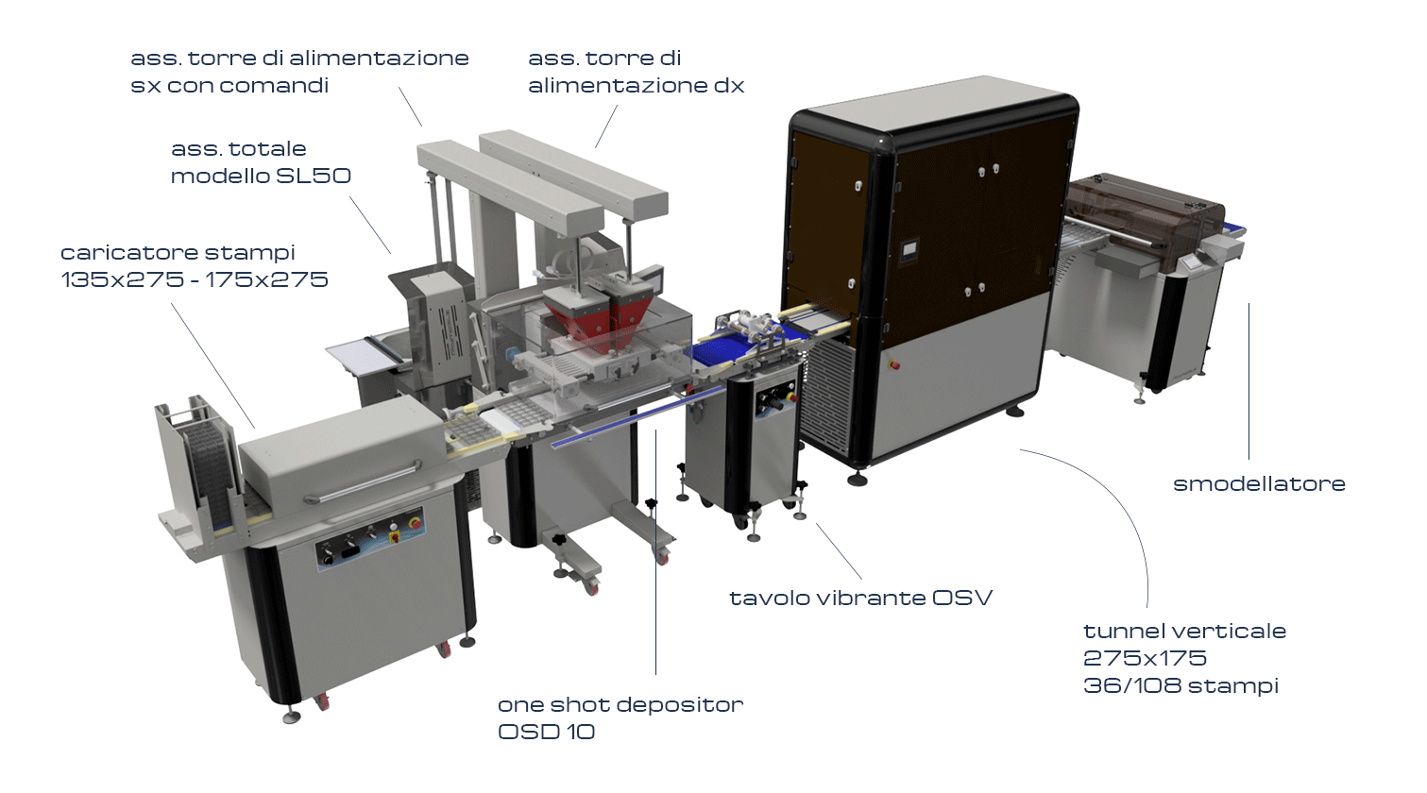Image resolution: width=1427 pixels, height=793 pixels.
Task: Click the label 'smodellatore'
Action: coord(1259,484)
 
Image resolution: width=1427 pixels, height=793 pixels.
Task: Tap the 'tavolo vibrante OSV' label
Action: coord(860,599)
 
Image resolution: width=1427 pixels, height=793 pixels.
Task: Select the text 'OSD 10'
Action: coord(546,732)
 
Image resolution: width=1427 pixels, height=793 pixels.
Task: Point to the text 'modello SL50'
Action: coord(261,176)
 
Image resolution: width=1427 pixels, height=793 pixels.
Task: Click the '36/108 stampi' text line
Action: coord(1181,686)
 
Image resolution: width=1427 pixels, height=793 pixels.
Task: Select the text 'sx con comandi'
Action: coord(229,85)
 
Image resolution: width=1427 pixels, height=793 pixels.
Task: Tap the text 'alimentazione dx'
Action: coord(636,85)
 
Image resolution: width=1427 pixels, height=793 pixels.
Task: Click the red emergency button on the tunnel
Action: coord(893,365)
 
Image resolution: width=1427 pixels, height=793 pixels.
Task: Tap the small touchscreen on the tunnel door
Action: coord(909,249)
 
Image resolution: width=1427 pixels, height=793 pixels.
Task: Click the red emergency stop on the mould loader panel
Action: coord(415,523)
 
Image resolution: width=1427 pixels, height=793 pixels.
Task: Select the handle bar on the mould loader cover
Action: coord(363,482)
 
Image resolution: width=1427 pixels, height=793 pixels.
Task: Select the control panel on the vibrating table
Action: coord(776,400)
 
